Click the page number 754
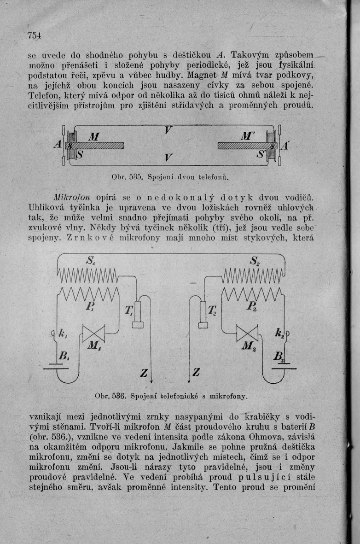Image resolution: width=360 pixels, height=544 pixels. click(35, 35)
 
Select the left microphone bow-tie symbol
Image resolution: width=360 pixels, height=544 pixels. click(93, 333)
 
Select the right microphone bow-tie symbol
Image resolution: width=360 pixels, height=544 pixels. click(247, 333)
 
